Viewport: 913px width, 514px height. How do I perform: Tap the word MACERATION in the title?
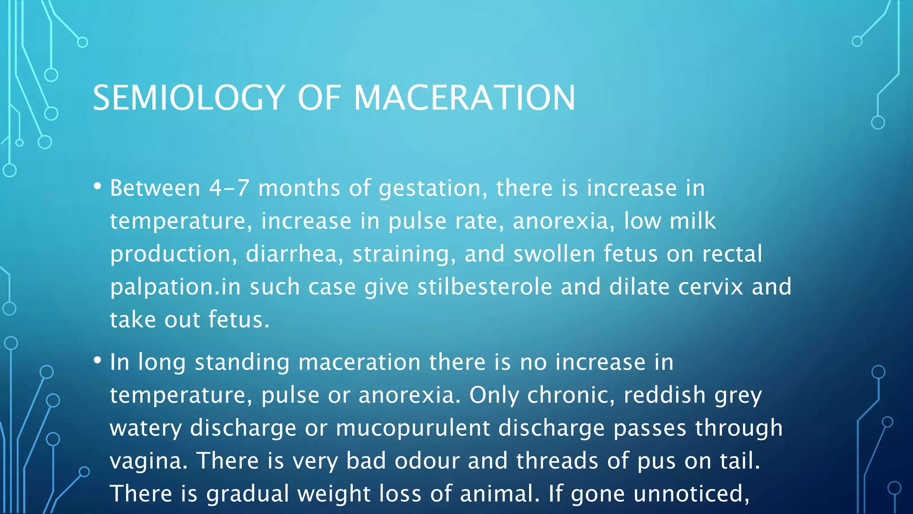[x=464, y=98]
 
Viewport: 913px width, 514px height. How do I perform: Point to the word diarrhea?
[x=294, y=254]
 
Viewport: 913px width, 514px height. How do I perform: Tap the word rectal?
[x=732, y=254]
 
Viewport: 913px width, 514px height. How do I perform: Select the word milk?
[x=693, y=221]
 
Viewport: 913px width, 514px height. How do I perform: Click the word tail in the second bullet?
[x=740, y=460]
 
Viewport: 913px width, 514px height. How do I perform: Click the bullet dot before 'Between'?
[x=98, y=187]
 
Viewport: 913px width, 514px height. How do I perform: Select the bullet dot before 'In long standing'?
[x=98, y=361]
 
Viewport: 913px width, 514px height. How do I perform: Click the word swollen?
[x=554, y=254]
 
